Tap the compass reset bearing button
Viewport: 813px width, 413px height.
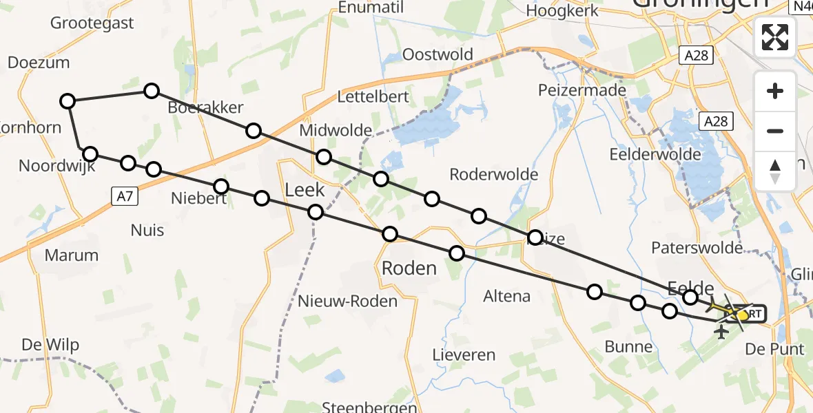(x=775, y=171)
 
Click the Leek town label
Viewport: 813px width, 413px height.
(x=305, y=190)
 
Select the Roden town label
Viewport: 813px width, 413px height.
(x=409, y=268)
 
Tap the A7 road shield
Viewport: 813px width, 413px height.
(x=125, y=197)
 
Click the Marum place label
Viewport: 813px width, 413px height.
(x=71, y=255)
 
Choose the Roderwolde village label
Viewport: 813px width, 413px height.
(x=493, y=174)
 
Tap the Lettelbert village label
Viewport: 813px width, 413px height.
(x=374, y=96)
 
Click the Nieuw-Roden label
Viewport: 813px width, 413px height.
(x=347, y=301)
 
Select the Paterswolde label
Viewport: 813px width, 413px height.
(x=697, y=247)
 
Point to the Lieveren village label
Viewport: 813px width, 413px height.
(x=464, y=355)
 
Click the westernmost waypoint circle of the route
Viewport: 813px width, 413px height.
(x=67, y=102)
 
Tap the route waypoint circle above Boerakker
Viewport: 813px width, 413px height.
(x=152, y=91)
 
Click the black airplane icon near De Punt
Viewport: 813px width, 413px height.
(x=722, y=333)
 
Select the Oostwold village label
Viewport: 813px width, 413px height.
(x=438, y=54)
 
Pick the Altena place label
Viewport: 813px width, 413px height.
(x=506, y=297)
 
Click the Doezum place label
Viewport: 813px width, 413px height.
(x=39, y=63)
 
